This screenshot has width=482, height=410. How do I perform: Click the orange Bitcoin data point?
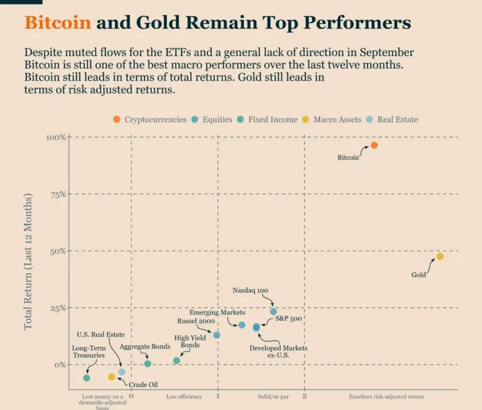374,145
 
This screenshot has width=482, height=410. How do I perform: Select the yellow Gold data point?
440,256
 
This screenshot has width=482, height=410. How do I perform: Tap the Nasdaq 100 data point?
274,312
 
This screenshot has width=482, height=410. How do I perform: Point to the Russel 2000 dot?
217,335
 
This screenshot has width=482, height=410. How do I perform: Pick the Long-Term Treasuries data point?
87,378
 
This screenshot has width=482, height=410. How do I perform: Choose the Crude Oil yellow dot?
111,377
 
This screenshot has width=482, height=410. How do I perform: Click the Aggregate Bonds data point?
148,364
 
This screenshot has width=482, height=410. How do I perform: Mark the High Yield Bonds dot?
177,361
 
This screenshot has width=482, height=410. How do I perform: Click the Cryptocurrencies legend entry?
151,119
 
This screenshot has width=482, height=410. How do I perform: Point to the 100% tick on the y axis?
55,137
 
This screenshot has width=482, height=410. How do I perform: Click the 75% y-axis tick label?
58,194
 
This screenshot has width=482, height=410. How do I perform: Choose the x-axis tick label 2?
305,397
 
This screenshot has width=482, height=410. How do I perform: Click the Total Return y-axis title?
28,262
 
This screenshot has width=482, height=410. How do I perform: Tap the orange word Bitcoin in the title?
58,23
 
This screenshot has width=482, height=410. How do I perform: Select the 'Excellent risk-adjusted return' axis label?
386,397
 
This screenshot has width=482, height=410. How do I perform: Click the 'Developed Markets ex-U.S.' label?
278,352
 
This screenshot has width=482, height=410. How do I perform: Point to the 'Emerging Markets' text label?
218,313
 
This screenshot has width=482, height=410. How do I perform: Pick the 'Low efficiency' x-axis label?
184,397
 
